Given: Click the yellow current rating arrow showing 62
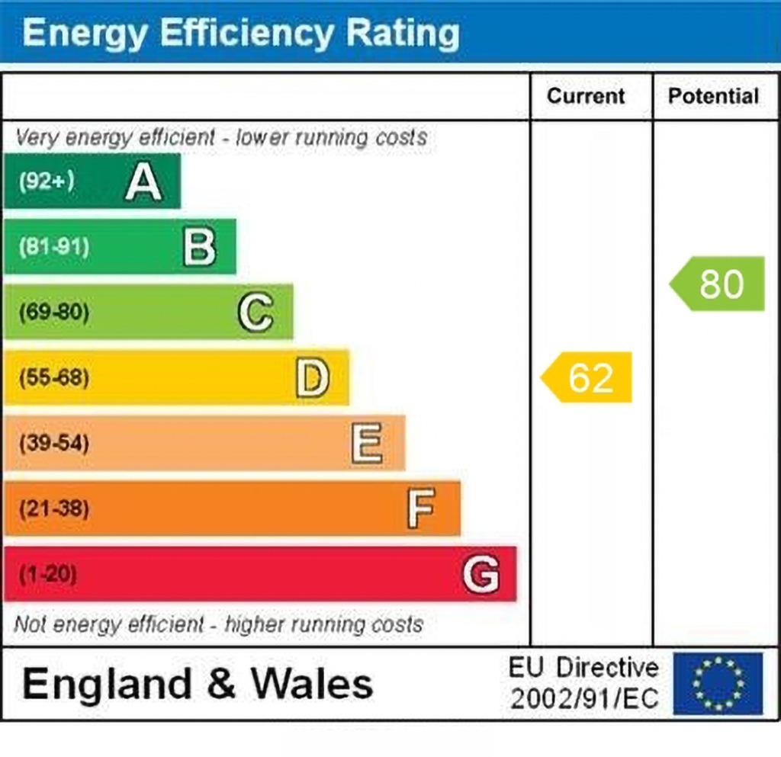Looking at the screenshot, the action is click(587, 377).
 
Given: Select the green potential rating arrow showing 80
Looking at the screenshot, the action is click(717, 284).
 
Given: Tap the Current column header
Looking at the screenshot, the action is click(586, 96).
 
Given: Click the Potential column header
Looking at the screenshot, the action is click(713, 96).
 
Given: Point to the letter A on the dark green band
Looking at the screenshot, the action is click(143, 181).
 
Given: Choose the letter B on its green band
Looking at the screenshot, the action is click(199, 246).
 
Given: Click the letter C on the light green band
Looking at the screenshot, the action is click(256, 312).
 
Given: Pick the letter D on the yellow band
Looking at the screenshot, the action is click(312, 378).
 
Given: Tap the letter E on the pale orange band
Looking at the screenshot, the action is click(367, 444).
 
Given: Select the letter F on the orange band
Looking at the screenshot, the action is click(421, 508).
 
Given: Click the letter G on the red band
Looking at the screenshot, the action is click(481, 574).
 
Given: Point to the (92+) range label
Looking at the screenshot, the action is click(47, 181).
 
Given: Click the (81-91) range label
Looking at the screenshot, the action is click(54, 246).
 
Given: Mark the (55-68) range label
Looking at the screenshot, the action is click(54, 377).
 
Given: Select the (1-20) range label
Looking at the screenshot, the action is click(48, 574).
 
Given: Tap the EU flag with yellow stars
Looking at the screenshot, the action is click(718, 683).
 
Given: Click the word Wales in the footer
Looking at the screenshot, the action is click(312, 683).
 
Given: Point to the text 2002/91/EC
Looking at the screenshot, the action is click(584, 699).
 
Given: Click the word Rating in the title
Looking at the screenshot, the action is click(403, 32).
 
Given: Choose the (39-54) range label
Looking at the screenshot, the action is click(54, 443).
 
